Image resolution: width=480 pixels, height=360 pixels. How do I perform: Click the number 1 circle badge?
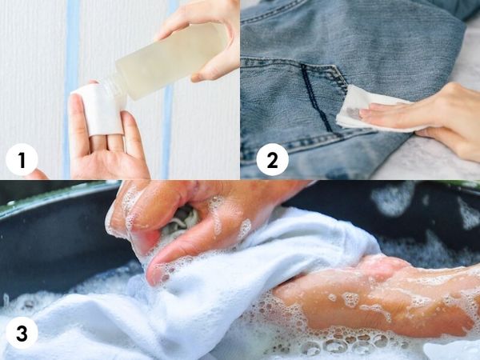22,159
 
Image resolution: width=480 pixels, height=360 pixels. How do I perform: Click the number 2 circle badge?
272,159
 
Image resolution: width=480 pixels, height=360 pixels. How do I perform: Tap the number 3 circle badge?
22,333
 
